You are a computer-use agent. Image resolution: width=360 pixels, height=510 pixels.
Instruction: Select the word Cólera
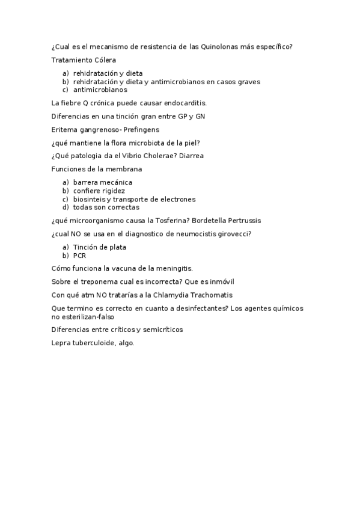tap(104, 60)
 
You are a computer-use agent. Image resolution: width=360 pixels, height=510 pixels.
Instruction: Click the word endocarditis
tap(185, 103)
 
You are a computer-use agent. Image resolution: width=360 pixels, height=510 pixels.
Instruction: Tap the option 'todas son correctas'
tap(106, 207)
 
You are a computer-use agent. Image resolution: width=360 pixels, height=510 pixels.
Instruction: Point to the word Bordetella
tap(211, 221)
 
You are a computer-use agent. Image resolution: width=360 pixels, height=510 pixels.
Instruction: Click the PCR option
tap(79, 256)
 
